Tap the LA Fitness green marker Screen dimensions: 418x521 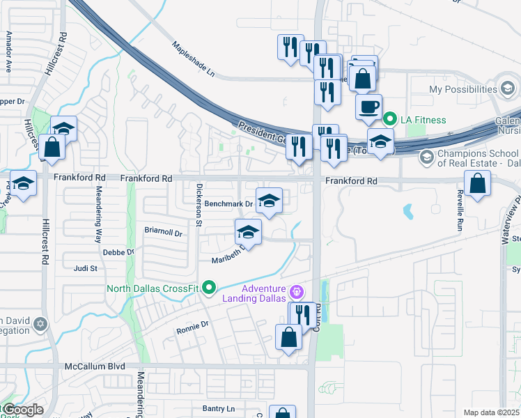[x=389, y=120]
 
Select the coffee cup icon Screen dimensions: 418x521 [x=368, y=107]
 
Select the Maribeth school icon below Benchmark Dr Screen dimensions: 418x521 [x=248, y=233]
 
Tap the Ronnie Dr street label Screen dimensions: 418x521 [x=193, y=325]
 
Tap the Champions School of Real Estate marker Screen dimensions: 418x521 [x=425, y=157]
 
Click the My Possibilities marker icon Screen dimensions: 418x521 [x=509, y=89]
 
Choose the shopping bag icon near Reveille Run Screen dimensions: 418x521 [x=477, y=185]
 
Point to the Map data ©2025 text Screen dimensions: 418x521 [x=490, y=412]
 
